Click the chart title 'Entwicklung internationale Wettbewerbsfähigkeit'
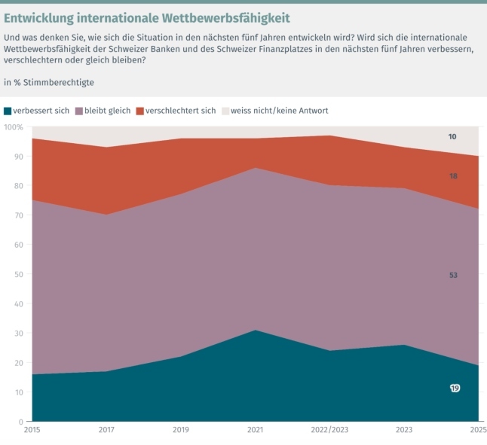click(147, 17)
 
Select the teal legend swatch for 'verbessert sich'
click(8, 111)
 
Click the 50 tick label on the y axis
click(18, 274)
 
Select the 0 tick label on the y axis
click(20, 422)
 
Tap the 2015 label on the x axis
click(32, 431)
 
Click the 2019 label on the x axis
click(182, 431)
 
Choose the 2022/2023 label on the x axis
click(330, 431)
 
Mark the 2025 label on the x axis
click(476, 431)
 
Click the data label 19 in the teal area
click(455, 388)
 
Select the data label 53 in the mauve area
click(453, 276)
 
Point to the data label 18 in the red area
click(453, 175)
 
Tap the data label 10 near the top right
click(452, 137)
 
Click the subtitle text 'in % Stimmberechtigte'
click(49, 81)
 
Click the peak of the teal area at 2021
click(256, 331)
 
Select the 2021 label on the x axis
click(256, 431)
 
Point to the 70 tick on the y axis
click(18, 215)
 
